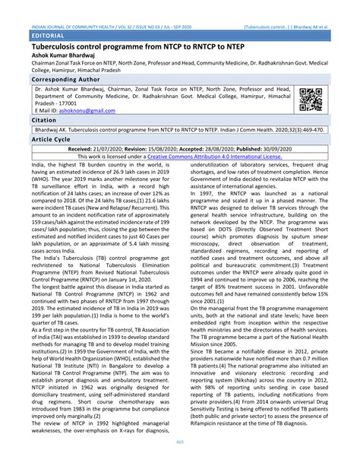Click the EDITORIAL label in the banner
point(46,36)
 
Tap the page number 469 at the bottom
point(180,454)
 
